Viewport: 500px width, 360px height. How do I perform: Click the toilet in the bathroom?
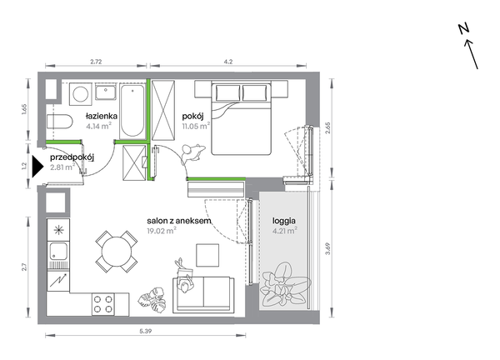pyautogui.click(x=60, y=121)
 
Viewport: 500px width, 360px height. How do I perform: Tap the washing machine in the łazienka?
pyautogui.click(x=81, y=94)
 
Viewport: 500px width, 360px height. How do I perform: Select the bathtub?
pyautogui.click(x=132, y=111)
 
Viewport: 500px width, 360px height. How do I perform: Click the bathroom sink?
pyautogui.click(x=106, y=92)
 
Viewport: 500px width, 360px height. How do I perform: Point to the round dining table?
pyautogui.click(x=117, y=252)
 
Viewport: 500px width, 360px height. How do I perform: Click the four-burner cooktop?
pyautogui.click(x=103, y=304)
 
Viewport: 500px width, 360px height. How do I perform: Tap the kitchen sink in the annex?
pyautogui.click(x=58, y=251)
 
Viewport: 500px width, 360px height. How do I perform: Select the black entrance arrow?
pyautogui.click(x=37, y=166)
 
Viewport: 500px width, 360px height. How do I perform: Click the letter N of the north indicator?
pyautogui.click(x=464, y=29)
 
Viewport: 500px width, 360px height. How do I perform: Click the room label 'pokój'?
pyautogui.click(x=192, y=116)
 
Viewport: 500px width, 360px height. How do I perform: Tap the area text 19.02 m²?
pyautogui.click(x=162, y=231)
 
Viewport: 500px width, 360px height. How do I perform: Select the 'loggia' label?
pyautogui.click(x=284, y=221)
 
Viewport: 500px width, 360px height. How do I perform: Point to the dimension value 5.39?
pyautogui.click(x=145, y=332)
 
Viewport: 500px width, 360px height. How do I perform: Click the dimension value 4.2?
pyautogui.click(x=228, y=62)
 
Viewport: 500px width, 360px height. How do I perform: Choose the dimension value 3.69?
pyautogui.click(x=327, y=249)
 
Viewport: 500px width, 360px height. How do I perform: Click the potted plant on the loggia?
pyautogui.click(x=285, y=284)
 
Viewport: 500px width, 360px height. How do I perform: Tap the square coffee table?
pyautogui.click(x=207, y=255)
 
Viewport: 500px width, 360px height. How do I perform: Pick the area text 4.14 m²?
pyautogui.click(x=99, y=126)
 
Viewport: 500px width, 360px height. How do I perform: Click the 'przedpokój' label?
pyautogui.click(x=72, y=157)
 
